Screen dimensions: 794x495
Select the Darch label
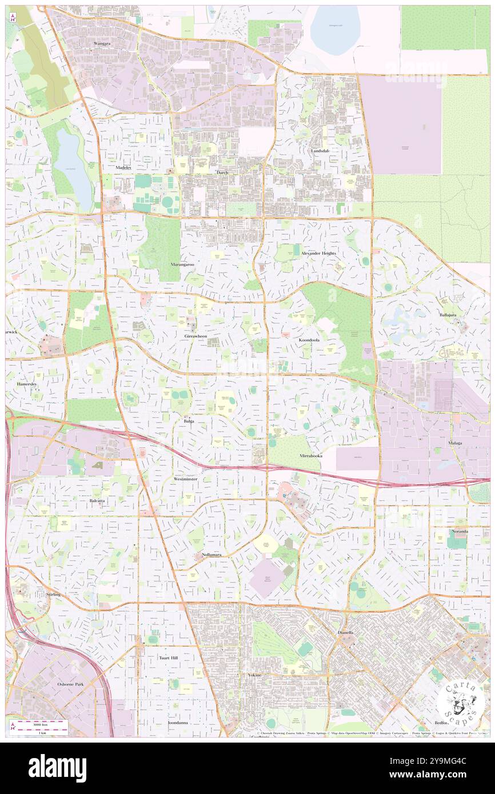222,172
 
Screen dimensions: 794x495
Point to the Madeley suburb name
123,167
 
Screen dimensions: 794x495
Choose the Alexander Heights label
318,253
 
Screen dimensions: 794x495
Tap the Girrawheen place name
195,337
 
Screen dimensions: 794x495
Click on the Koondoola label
309,340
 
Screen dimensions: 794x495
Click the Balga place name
189,421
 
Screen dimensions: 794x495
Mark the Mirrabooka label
312,456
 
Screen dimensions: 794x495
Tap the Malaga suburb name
455,443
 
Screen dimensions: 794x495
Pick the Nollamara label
211,555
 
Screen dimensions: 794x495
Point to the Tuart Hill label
168,658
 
